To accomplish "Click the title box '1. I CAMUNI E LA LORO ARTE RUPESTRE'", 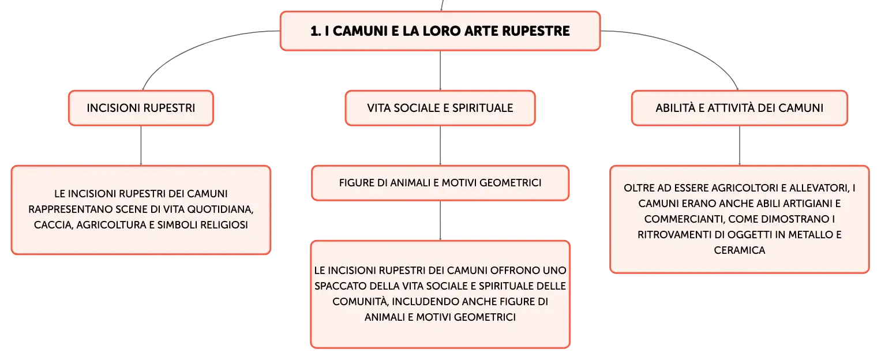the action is click(440, 31).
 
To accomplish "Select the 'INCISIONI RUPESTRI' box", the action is click(141, 108).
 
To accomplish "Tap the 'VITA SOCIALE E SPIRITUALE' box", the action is click(440, 108).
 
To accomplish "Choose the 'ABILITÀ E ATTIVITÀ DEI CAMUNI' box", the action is click(740, 108).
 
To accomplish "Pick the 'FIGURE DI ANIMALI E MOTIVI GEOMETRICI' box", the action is click(440, 183).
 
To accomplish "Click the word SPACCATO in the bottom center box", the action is click(340, 286).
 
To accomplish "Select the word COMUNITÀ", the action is click(361, 302).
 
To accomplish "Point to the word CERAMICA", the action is click(740, 250).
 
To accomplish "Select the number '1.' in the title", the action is click(316, 31).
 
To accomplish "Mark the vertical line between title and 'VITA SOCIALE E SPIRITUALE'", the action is click(440, 70).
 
